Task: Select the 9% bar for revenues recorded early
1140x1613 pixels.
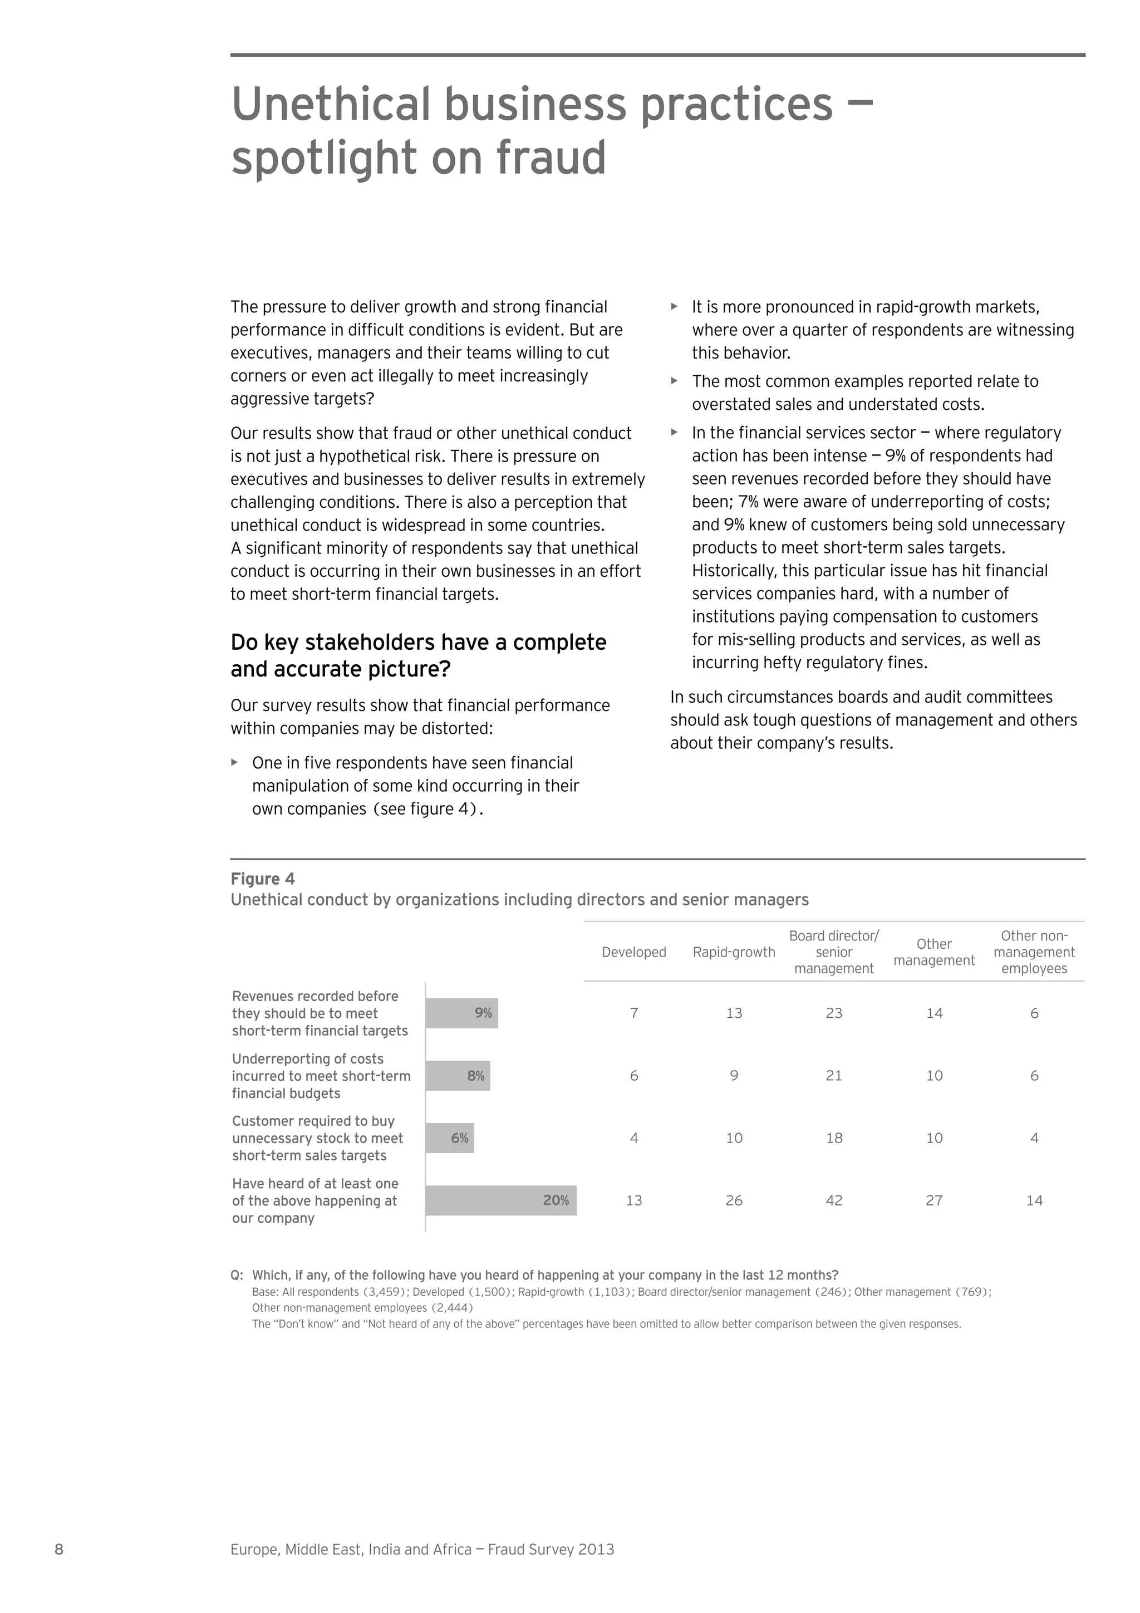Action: tap(461, 1013)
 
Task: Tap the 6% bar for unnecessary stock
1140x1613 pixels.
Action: tap(450, 1138)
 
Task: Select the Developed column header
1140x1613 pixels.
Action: tap(633, 952)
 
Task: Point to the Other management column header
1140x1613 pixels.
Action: tap(933, 952)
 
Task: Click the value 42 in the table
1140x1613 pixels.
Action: tap(834, 1200)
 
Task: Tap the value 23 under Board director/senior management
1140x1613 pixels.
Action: tap(834, 1013)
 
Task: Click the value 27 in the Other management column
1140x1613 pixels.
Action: tap(933, 1200)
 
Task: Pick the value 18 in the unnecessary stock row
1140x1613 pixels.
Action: tap(834, 1138)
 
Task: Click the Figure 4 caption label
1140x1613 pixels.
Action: tap(263, 879)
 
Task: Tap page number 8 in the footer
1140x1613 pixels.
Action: tap(59, 1549)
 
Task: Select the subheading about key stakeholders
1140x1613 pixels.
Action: tap(418, 655)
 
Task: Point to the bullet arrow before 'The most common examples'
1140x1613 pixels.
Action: tap(674, 381)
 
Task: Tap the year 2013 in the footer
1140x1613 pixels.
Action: tap(596, 1549)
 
